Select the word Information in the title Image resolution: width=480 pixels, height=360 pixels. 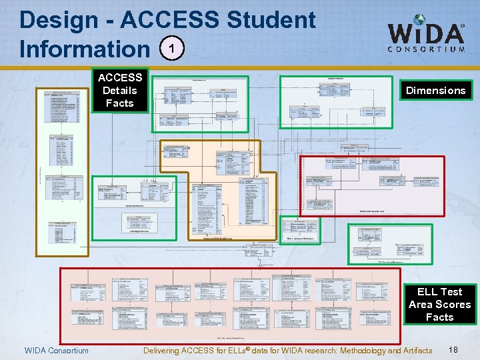pyautogui.click(x=85, y=49)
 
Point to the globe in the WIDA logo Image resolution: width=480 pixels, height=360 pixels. pyautogui.click(x=419, y=23)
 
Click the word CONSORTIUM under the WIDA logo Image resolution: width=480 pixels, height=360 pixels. pyautogui.click(x=427, y=49)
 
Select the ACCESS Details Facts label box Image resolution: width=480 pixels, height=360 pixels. pyautogui.click(x=119, y=90)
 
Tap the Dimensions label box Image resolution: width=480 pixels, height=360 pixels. pyautogui.click(x=436, y=91)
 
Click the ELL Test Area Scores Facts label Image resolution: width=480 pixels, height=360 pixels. pyautogui.click(x=439, y=304)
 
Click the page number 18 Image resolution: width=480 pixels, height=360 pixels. pyautogui.click(x=453, y=350)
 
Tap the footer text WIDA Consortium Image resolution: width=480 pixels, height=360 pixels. pyautogui.click(x=56, y=351)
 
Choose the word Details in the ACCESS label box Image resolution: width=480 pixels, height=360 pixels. pyautogui.click(x=119, y=90)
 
